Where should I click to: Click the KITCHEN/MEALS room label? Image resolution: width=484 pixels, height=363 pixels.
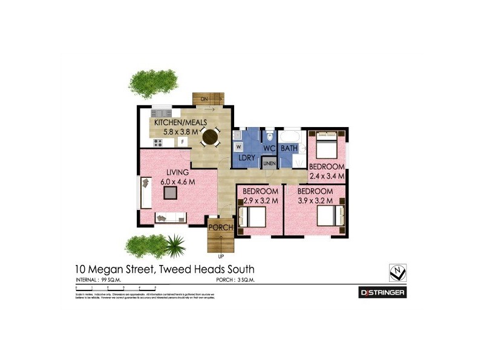click(x=178, y=122)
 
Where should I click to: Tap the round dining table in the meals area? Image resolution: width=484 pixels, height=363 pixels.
click(x=210, y=138)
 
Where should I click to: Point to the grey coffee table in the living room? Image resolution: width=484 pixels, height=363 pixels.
click(x=171, y=192)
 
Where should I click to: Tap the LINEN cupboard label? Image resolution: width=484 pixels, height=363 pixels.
click(x=269, y=163)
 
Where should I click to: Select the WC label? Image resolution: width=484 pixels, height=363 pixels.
click(x=269, y=148)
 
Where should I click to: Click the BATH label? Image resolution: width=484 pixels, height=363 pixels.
click(x=289, y=148)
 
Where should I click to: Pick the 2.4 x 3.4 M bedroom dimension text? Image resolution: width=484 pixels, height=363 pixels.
click(x=327, y=176)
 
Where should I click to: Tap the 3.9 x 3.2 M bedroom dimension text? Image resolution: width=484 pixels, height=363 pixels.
click(x=315, y=200)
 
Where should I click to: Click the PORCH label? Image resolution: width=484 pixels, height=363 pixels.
click(x=221, y=227)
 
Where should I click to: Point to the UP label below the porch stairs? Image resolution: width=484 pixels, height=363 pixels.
click(x=220, y=257)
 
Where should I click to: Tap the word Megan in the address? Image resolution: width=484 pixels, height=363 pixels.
click(x=120, y=269)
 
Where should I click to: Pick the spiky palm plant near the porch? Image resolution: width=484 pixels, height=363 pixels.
click(x=176, y=244)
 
